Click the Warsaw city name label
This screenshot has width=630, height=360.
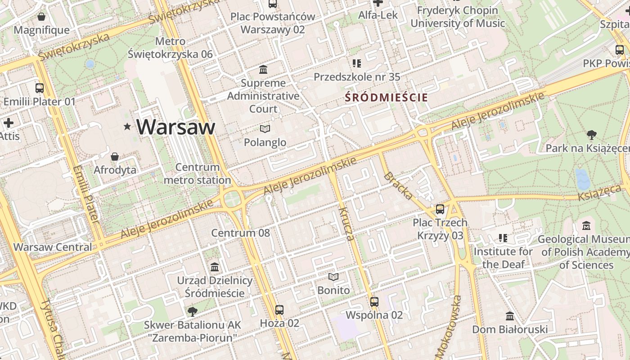point(176,127)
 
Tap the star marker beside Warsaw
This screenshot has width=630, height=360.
point(128,127)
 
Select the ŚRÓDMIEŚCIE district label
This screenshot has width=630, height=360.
point(386,97)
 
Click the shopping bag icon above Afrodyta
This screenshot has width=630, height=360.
point(115,157)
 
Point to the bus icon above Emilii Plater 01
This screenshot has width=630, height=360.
point(40,88)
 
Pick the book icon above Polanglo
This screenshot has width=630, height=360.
point(265,129)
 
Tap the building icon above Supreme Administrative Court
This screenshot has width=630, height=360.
point(263,70)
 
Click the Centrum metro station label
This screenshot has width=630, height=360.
point(198,174)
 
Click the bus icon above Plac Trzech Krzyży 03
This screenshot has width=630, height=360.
point(440,209)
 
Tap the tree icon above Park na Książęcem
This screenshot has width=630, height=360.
point(591,135)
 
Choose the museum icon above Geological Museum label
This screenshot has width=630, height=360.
point(586,225)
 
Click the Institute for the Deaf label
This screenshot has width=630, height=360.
point(503,258)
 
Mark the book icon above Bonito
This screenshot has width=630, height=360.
point(333,277)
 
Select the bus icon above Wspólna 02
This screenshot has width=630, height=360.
point(374,301)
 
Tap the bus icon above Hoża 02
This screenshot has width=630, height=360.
point(279,310)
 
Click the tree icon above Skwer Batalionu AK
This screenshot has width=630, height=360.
point(192,311)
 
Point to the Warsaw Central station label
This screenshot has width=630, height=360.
point(53,247)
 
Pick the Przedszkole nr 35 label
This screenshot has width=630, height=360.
point(357,77)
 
